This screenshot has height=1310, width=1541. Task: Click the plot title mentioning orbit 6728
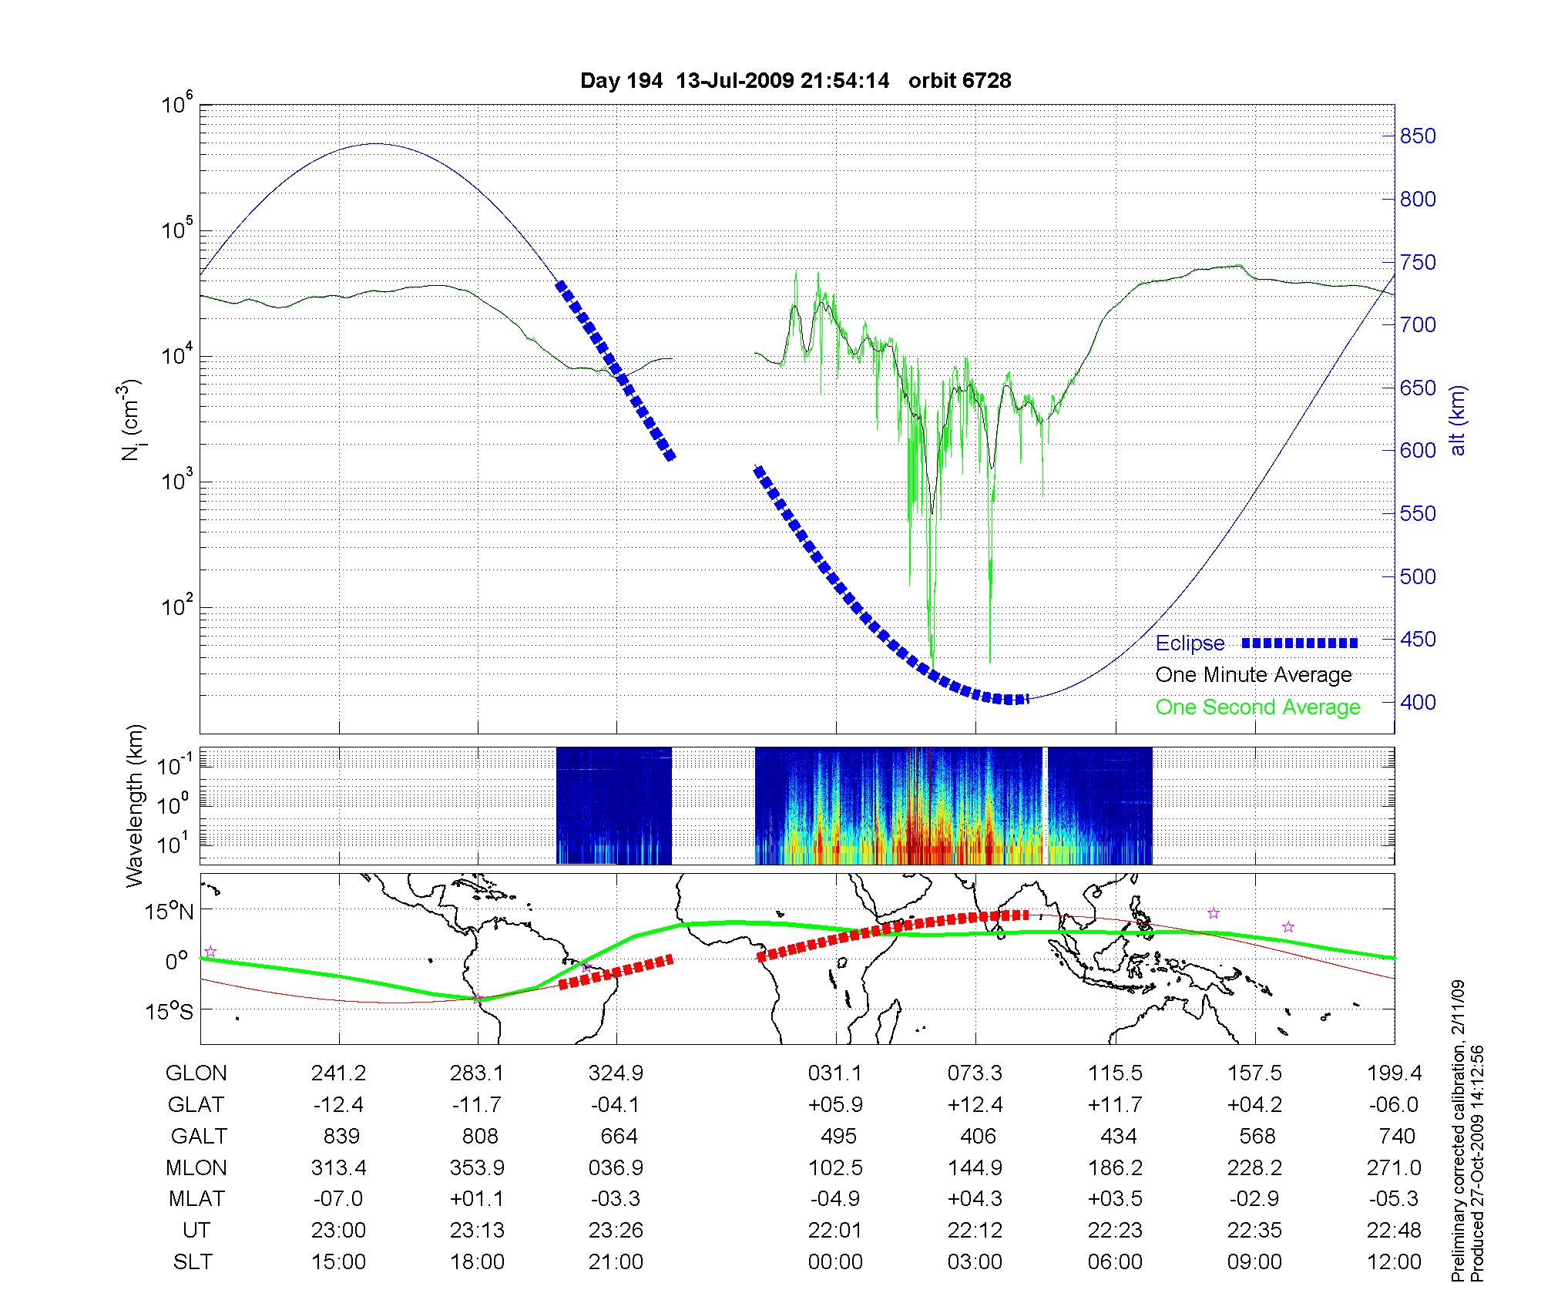coord(795,81)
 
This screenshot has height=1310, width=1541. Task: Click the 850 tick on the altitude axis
coord(1418,136)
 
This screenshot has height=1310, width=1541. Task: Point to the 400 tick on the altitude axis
coord(1418,702)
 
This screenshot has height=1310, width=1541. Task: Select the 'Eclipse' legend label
coord(1190,643)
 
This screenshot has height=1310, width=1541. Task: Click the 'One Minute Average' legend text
coord(1254,675)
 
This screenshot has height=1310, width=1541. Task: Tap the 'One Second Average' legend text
coord(1257,707)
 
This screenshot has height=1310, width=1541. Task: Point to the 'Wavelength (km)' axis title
coord(136,805)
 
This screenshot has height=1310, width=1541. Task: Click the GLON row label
coord(196,1073)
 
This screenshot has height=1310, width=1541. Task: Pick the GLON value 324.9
coord(616,1073)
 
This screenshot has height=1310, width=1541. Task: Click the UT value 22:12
coord(975,1231)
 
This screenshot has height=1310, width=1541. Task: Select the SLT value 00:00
coord(835,1262)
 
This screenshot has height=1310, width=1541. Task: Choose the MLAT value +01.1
coord(478,1199)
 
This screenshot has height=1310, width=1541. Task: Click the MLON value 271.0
coord(1394,1167)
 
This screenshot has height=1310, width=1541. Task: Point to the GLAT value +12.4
coord(975,1105)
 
